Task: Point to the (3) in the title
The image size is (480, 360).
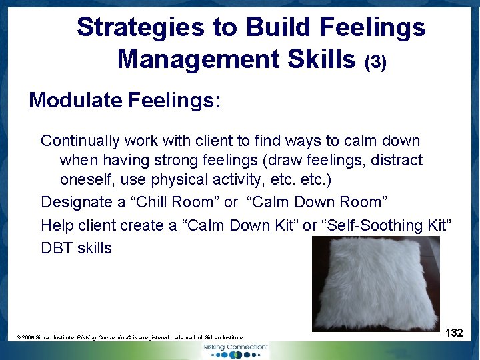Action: pos(375,62)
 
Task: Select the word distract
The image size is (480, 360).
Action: pos(398,161)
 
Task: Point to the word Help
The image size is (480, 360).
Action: pos(56,225)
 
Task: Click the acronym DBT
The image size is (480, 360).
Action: pos(57,248)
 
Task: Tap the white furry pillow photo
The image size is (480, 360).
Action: pos(376,283)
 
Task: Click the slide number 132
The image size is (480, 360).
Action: pos(454,333)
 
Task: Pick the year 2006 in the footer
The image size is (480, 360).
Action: pos(29,338)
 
